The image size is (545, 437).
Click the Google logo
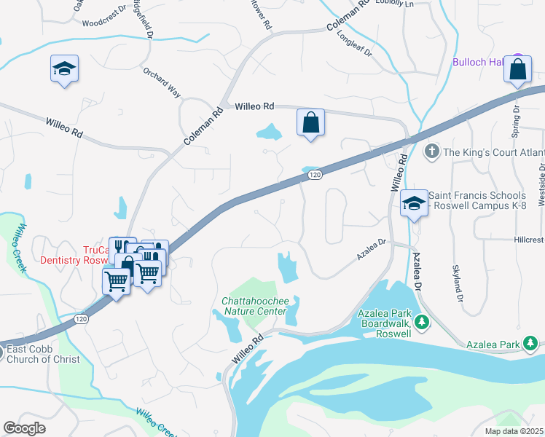[24, 428]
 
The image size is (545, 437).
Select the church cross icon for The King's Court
[431, 151]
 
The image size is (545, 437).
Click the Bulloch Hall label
[479, 63]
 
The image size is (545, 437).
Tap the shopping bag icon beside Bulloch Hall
[517, 71]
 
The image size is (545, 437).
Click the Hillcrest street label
[528, 240]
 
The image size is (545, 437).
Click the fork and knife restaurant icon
[122, 248]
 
